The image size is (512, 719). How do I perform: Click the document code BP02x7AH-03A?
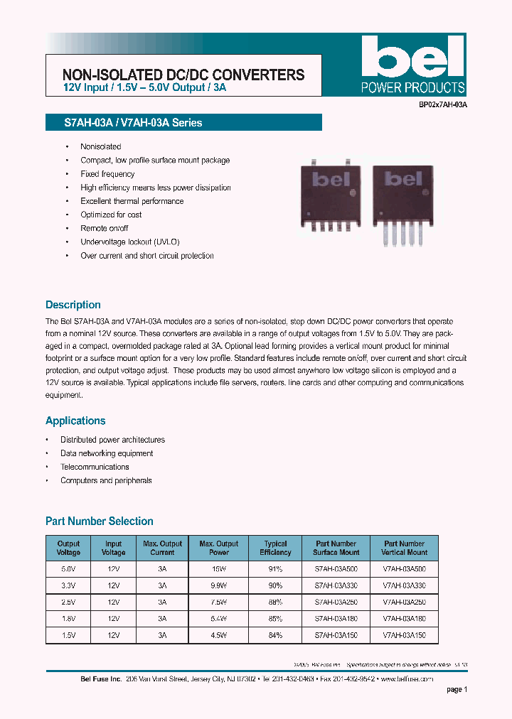point(442,104)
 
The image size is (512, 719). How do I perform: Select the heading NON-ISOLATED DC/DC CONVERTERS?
point(183,75)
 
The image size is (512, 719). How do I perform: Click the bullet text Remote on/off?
point(105,228)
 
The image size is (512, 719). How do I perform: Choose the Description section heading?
point(73,305)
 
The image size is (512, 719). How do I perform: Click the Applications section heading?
point(75,421)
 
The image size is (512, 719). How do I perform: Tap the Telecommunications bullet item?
point(95,467)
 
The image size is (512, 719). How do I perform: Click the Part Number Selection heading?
point(100,521)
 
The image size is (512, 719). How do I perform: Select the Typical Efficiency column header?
point(275,548)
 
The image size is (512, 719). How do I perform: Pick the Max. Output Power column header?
point(219,548)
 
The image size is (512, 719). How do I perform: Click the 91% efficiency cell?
point(275,569)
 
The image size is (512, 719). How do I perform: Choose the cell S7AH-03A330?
point(336,585)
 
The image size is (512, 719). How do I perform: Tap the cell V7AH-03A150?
point(405,635)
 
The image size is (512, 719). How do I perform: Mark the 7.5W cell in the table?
point(218,602)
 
